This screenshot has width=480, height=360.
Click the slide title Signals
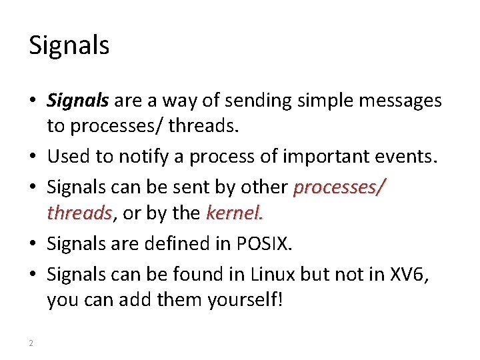coord(69,45)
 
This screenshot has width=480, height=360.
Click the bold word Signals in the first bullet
coord(77,101)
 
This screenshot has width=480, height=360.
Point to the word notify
coord(141,157)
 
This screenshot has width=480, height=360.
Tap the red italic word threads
coord(79,213)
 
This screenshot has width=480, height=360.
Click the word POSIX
coord(265,243)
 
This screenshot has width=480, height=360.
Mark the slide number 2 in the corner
coord(31,343)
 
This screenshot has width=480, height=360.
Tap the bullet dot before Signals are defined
coord(33,244)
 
